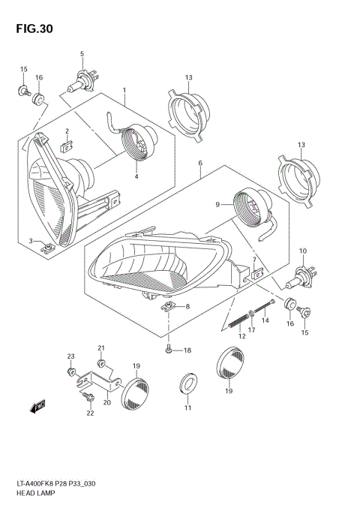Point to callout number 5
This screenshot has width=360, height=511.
(82, 53)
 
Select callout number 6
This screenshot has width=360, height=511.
(200, 163)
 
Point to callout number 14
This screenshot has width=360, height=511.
(265, 320)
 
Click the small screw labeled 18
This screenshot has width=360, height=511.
(169, 350)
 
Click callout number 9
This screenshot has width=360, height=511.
(218, 203)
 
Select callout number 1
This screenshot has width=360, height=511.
(124, 90)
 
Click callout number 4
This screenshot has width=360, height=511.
(136, 177)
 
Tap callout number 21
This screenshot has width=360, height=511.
(101, 348)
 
